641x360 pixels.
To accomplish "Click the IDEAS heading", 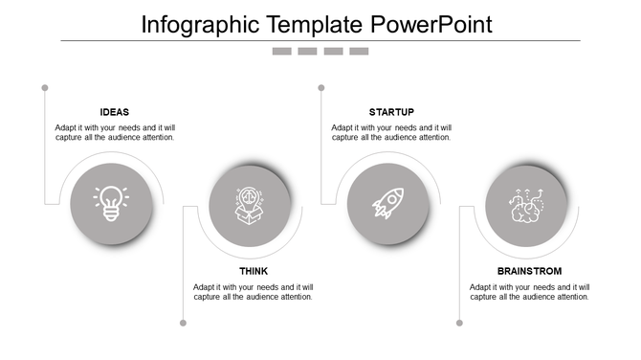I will point(114,112).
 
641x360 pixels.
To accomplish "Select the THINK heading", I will point(254,271).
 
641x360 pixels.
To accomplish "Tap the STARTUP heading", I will point(391,112).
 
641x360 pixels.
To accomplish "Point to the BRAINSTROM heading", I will point(529,271).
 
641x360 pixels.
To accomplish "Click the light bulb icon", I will point(111,204).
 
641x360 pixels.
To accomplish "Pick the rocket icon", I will point(387,204).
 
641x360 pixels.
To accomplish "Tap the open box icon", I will point(251,205).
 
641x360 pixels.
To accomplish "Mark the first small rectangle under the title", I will point(281,51).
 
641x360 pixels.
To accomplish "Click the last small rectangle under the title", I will point(359,51).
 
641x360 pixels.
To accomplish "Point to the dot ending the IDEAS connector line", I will point(45,88).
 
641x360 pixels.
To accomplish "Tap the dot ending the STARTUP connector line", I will point(321,88).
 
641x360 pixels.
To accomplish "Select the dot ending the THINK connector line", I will point(183,323).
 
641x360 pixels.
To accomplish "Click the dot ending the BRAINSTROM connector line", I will point(459,323).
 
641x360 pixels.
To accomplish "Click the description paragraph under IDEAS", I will point(115,132).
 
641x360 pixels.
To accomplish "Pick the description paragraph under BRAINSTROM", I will point(529,291).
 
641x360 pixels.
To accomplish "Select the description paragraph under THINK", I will point(253,291).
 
